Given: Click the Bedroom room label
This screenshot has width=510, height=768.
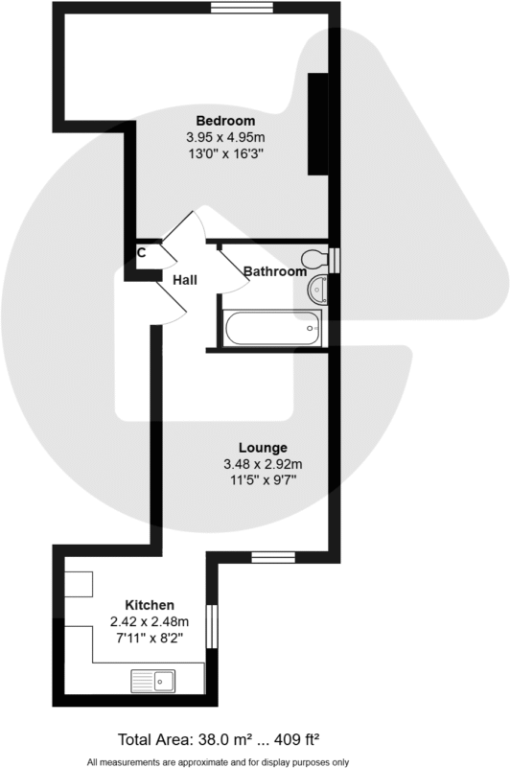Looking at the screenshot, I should [x=225, y=121].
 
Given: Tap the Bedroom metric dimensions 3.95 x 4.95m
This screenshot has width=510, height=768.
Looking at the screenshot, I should [x=225, y=137].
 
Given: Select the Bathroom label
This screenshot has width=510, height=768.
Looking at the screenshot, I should [x=274, y=271].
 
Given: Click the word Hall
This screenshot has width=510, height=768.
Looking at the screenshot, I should [x=185, y=280].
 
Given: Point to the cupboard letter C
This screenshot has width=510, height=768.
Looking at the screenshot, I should [x=141, y=253].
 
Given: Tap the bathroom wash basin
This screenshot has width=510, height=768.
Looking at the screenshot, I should [x=318, y=288].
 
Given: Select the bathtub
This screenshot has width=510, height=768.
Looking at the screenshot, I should [x=273, y=328].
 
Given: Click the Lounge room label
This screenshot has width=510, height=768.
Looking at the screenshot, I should [x=263, y=448].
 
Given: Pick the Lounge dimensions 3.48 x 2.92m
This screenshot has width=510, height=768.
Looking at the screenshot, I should [x=263, y=465].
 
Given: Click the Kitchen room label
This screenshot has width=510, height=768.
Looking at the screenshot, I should [x=150, y=605].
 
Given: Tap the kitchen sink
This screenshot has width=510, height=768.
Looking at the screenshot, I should [x=153, y=682].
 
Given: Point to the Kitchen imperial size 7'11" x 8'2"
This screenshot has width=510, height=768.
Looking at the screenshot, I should [x=150, y=638].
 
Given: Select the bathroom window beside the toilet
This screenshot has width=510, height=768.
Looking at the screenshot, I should [x=334, y=260].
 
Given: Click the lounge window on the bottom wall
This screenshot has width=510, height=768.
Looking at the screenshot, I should [x=272, y=558].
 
